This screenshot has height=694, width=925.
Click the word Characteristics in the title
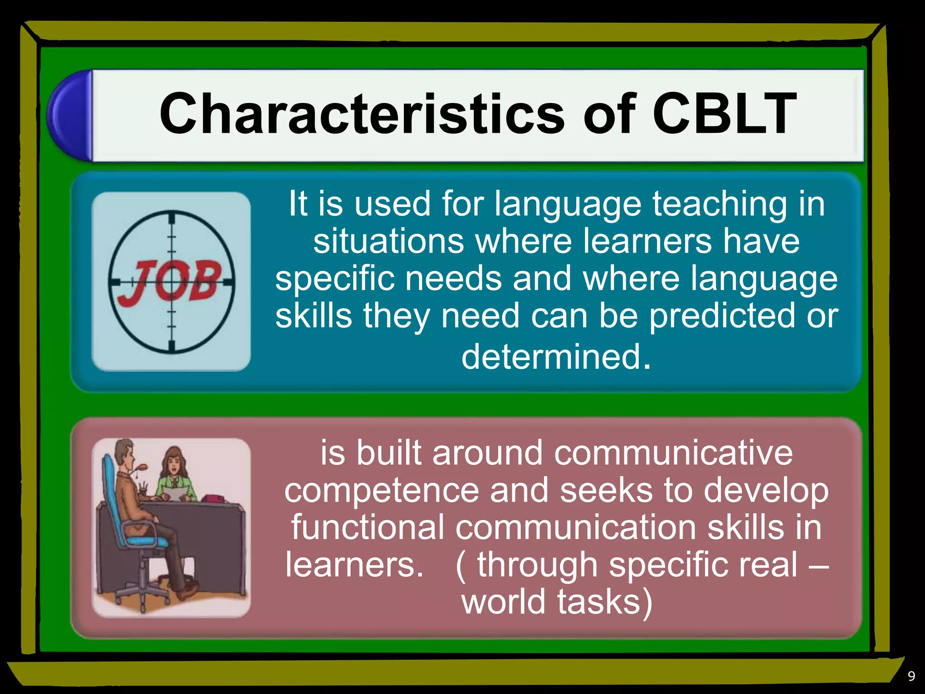[x=362, y=114]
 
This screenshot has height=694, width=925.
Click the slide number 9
[x=911, y=676]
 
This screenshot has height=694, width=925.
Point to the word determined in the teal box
[x=551, y=357]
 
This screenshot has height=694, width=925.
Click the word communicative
[x=673, y=453]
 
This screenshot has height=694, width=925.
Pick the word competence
[x=382, y=490]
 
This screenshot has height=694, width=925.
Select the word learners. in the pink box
[x=354, y=565]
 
